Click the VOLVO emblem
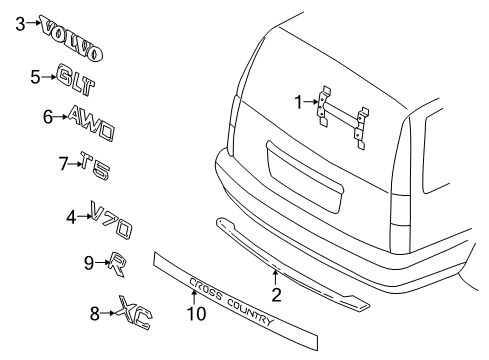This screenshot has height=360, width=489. [73, 37]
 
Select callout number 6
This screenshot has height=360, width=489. [47, 117]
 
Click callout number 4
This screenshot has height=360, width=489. [70, 215]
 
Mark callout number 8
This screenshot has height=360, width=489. [94, 314]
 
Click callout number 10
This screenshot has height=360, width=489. [195, 313]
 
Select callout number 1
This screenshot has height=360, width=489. [297, 101]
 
